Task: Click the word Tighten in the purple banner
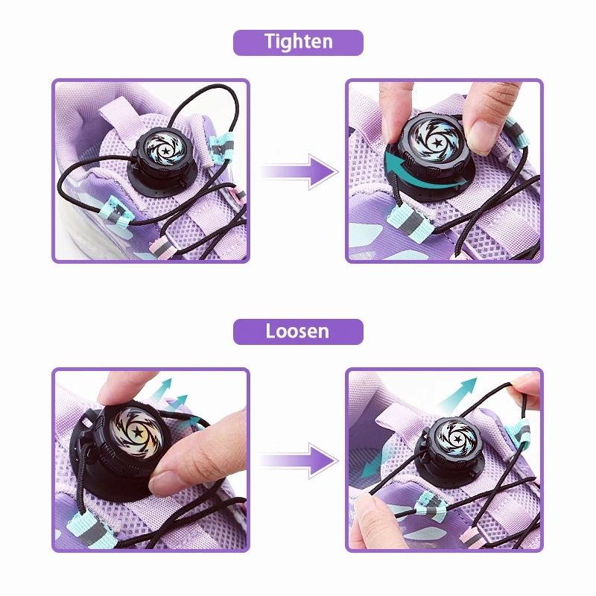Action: pos(298,42)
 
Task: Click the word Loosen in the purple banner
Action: pos(298,332)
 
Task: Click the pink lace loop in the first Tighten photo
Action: pos(161,247)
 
